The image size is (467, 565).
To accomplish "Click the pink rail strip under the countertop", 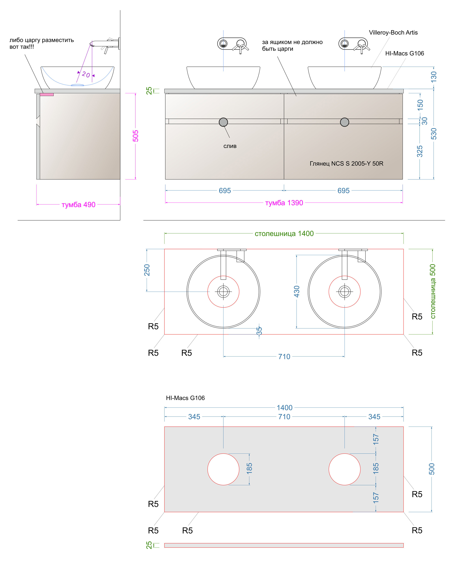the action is click(46, 95).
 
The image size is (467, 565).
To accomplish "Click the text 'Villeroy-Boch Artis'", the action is click(393, 32).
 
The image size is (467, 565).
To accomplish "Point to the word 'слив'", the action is click(230, 146).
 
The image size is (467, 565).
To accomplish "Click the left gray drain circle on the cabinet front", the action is click(223, 122).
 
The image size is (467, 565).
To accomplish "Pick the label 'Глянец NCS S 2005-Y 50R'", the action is click(346, 163).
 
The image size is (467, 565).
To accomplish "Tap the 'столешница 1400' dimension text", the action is click(284, 234).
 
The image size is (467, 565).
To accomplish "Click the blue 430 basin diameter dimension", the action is click(297, 292).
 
